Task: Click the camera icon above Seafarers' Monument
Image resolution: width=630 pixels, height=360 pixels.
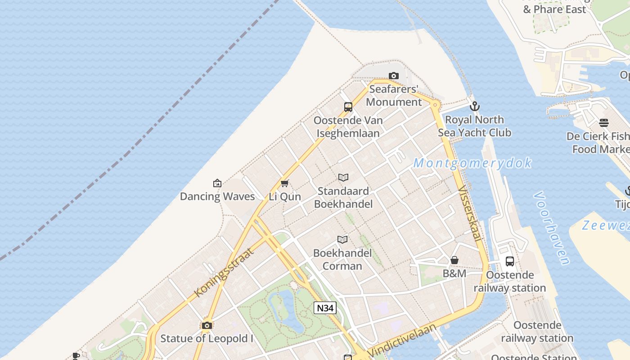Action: pyautogui.click(x=394, y=76)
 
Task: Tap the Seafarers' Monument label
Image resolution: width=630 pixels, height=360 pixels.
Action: pyautogui.click(x=394, y=95)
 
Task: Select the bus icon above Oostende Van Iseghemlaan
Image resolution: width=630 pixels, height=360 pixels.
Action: pyautogui.click(x=348, y=107)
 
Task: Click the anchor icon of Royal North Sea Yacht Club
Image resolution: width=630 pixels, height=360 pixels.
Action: pyautogui.click(x=474, y=106)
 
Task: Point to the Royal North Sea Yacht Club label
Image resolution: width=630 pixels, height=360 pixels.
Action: pyautogui.click(x=474, y=126)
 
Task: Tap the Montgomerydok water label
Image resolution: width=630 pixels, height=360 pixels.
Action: pyautogui.click(x=472, y=163)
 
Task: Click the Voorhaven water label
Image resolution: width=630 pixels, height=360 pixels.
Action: pyautogui.click(x=552, y=228)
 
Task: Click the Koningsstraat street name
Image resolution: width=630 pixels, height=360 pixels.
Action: pyautogui.click(x=224, y=272)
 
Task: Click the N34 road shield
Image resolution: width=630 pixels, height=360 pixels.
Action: pyautogui.click(x=325, y=308)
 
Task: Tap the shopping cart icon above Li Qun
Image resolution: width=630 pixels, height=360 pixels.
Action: pyautogui.click(x=284, y=183)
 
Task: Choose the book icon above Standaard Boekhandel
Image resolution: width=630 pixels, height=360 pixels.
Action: pyautogui.click(x=343, y=177)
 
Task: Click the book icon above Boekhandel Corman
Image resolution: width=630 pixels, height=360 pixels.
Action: pyautogui.click(x=342, y=239)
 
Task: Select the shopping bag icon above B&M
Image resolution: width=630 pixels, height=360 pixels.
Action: pyautogui.click(x=454, y=260)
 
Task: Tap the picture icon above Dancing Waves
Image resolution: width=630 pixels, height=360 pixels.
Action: pyautogui.click(x=217, y=183)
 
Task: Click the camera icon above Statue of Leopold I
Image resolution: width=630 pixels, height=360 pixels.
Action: pyautogui.click(x=207, y=325)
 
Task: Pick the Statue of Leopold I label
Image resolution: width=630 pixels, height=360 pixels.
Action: pyautogui.click(x=207, y=338)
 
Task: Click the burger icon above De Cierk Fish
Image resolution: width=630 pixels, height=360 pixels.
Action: pyautogui.click(x=604, y=123)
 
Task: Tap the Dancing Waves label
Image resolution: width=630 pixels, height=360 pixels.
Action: pyautogui.click(x=217, y=196)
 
